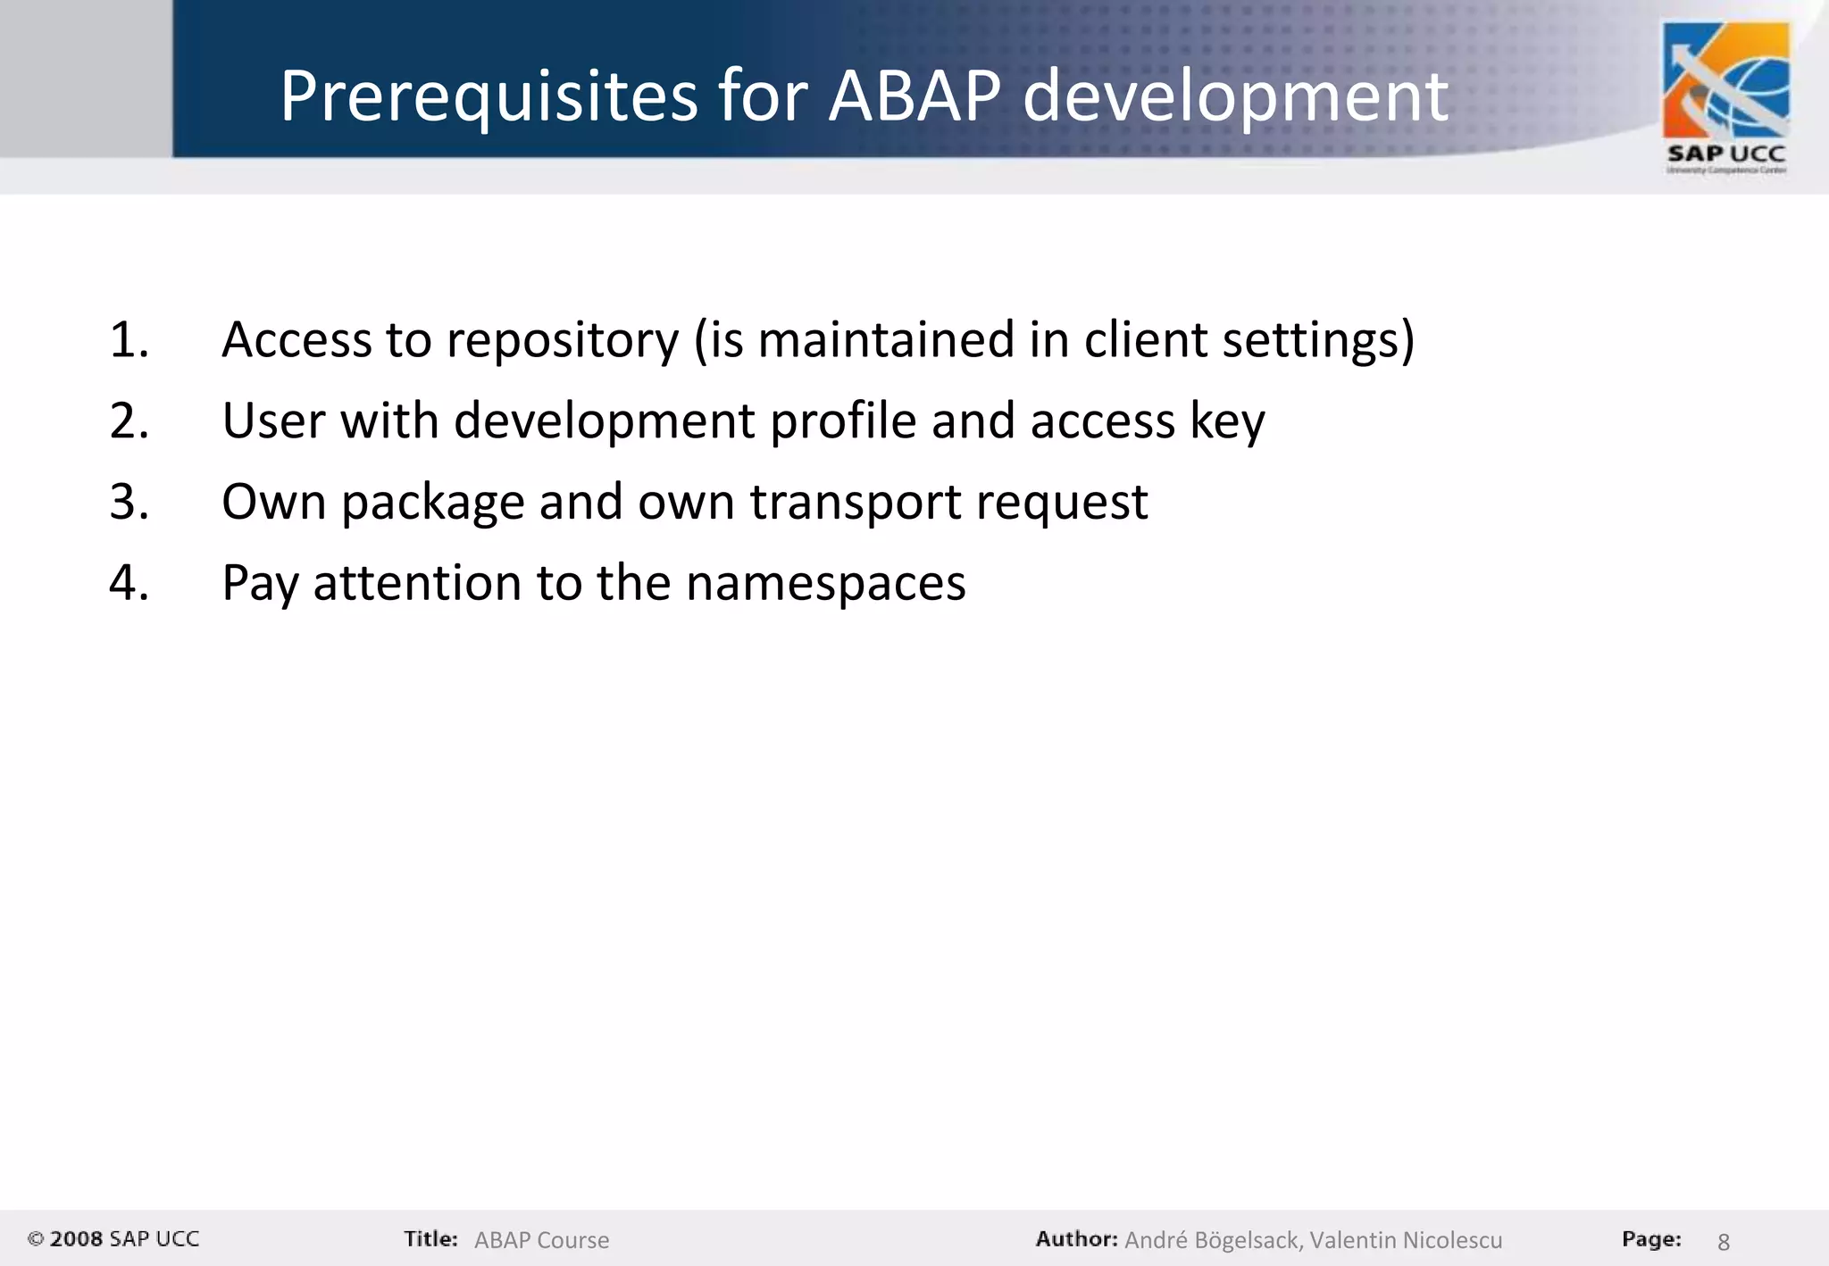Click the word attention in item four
click(416, 584)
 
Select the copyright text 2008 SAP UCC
click(114, 1239)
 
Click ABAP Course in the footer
click(541, 1240)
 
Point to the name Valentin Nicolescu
click(1406, 1240)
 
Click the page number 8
click(1724, 1242)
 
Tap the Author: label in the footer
click(1076, 1239)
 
